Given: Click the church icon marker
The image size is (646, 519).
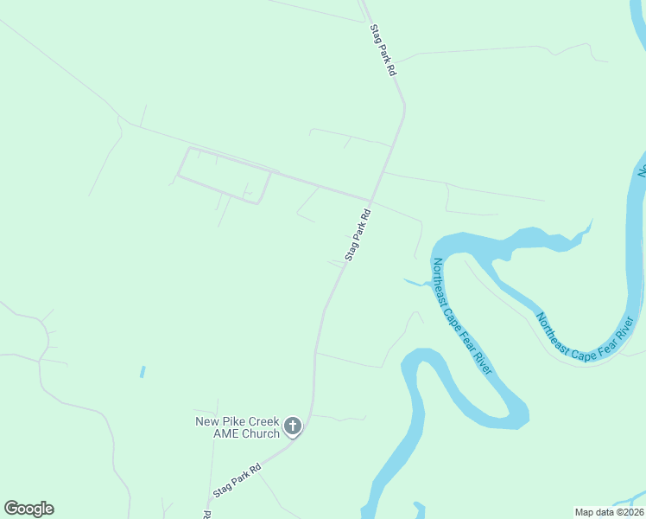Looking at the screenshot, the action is (293, 426).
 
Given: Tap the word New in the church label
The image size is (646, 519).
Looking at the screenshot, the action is (209, 422).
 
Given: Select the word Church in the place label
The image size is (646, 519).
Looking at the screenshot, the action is (261, 433).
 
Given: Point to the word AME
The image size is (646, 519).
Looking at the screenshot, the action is (226, 433).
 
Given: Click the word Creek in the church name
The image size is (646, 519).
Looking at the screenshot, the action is (263, 422).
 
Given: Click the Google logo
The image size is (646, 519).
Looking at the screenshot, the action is (28, 509).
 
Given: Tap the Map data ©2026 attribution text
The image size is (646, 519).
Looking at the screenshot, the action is (609, 512).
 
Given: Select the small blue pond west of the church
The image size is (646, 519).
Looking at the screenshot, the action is (142, 372).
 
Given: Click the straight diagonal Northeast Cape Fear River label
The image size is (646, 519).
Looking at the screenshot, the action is (461, 316).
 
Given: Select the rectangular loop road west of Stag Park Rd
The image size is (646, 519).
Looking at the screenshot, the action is (224, 176).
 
